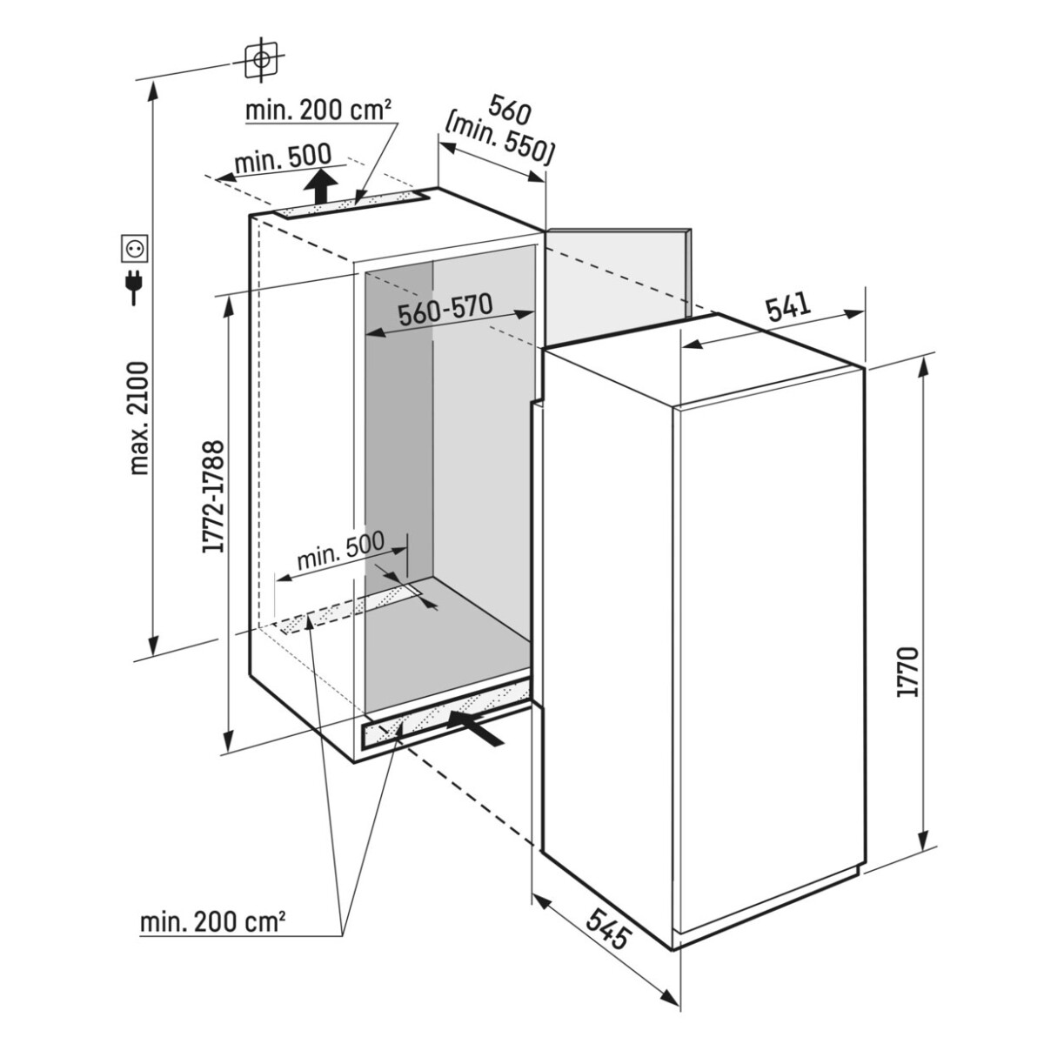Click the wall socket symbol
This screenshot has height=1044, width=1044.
tap(134, 249)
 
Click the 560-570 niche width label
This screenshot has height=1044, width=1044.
tap(445, 310)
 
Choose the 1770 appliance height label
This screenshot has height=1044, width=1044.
tap(908, 672)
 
